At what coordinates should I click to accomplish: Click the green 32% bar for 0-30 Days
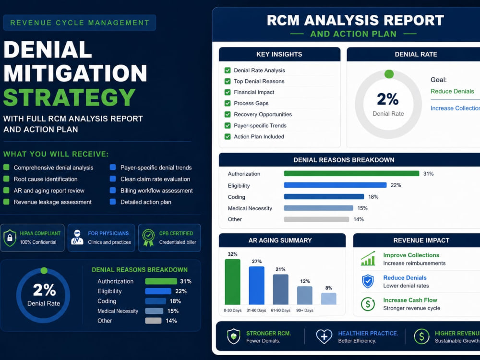click(233, 282)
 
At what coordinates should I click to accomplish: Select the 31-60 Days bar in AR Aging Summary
click(256, 286)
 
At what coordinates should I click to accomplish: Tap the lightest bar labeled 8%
click(329, 299)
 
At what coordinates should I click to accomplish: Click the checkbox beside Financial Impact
click(228, 92)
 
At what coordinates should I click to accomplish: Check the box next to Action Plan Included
click(228, 136)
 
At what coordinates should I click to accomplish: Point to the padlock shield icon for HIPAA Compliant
click(10, 238)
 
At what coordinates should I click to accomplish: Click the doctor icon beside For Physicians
click(77, 237)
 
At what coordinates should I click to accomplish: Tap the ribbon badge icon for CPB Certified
click(148, 238)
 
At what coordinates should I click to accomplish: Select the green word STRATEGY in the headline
click(70, 97)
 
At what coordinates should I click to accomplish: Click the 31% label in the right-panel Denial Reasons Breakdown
click(428, 174)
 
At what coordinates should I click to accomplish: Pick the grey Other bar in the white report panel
click(316, 219)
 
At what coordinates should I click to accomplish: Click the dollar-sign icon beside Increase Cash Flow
click(368, 304)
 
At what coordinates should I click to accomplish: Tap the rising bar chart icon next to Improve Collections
click(368, 259)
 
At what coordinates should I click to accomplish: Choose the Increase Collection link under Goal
click(455, 108)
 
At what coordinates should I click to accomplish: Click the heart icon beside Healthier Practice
click(324, 336)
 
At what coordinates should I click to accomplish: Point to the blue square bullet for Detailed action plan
click(113, 202)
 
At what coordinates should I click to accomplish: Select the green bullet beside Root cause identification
click(6, 179)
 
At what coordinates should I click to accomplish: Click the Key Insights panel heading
click(279, 54)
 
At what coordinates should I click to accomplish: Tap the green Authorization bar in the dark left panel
click(161, 281)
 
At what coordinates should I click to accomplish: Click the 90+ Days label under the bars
click(305, 311)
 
